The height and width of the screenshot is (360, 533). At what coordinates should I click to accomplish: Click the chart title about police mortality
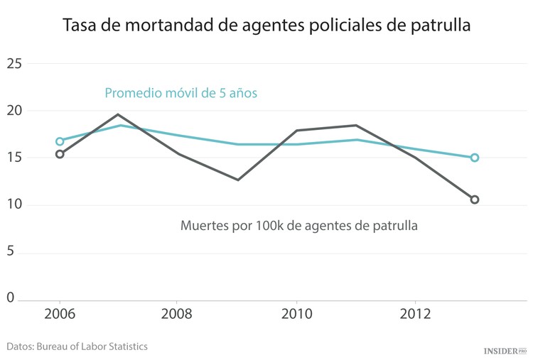(x=266, y=26)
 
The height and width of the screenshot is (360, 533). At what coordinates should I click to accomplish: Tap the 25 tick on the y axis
(x=15, y=64)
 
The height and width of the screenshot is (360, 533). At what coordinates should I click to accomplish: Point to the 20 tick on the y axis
(x=15, y=111)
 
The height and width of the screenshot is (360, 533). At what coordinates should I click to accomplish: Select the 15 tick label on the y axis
(x=15, y=158)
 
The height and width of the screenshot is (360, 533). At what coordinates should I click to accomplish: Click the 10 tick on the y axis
(x=15, y=205)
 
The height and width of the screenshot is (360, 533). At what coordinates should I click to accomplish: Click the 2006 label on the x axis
(x=60, y=315)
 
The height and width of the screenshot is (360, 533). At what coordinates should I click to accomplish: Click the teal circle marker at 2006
(x=60, y=141)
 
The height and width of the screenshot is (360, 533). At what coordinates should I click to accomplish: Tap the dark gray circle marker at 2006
(x=60, y=154)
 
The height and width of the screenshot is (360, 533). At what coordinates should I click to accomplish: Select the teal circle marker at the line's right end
(x=475, y=158)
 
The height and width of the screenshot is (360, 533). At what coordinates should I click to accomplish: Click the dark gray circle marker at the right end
(x=475, y=200)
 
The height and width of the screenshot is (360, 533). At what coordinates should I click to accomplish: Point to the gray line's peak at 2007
(x=119, y=114)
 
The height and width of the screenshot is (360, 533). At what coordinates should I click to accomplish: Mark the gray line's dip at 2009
(x=238, y=180)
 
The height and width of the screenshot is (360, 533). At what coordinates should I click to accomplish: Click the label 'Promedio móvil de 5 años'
(x=181, y=93)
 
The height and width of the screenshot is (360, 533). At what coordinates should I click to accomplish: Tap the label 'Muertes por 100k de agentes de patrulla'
(x=298, y=227)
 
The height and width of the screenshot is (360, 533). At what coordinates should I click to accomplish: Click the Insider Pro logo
(x=505, y=351)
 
